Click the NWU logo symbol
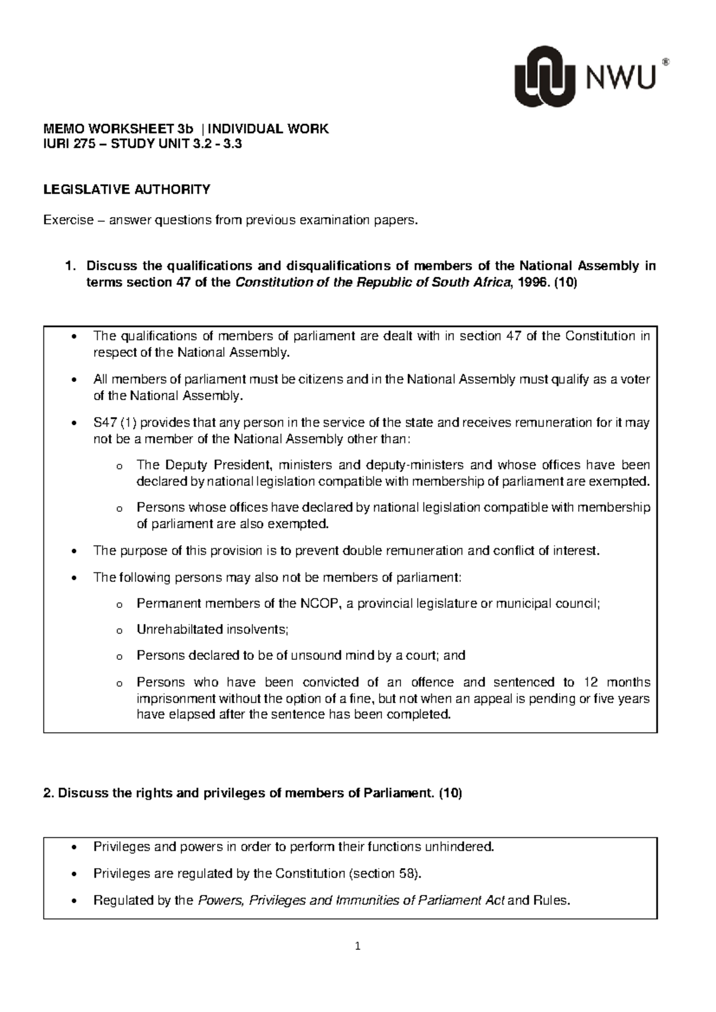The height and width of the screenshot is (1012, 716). (545, 76)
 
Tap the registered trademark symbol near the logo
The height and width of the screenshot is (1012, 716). (666, 61)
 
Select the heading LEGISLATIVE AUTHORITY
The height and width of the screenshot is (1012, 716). (126, 190)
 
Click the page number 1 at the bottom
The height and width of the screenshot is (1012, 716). (357, 946)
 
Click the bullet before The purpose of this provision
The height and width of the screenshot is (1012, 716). (73, 551)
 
